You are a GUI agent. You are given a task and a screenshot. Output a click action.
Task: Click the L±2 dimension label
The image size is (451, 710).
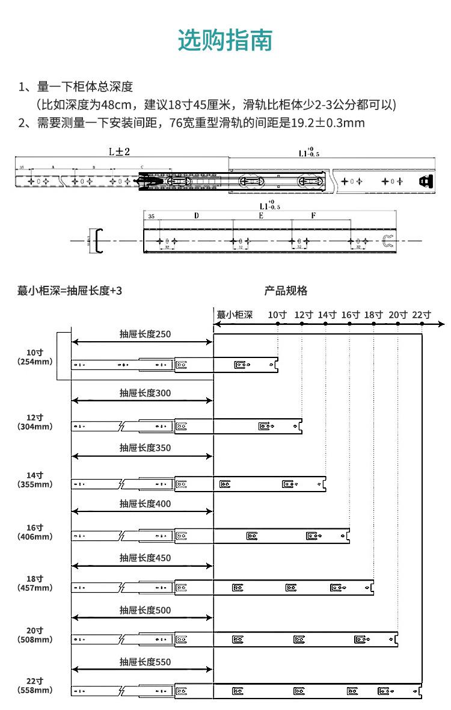[x=120, y=152]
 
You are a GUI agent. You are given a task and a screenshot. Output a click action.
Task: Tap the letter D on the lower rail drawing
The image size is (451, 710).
[x=196, y=215]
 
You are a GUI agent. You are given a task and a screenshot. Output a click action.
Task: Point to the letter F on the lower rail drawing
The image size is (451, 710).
[x=313, y=215]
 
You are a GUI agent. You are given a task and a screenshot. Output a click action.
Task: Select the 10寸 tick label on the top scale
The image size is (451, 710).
[x=277, y=314]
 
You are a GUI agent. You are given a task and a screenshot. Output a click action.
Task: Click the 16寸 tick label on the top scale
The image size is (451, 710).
[x=350, y=314]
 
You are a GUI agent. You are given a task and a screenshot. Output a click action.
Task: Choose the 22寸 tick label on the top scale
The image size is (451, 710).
[x=422, y=314]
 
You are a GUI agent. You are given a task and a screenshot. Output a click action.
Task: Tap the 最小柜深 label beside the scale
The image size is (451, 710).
[x=235, y=314]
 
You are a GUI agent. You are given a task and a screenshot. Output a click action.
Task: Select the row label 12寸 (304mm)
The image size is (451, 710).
[x=35, y=422]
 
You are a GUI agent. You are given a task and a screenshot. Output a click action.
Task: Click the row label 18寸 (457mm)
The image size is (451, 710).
[x=35, y=583]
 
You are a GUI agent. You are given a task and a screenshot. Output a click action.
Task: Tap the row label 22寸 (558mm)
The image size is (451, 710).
[x=35, y=685]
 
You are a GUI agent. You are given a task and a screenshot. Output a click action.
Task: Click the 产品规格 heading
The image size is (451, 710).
[x=286, y=291]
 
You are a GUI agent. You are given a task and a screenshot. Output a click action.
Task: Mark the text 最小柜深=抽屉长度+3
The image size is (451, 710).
[x=70, y=291]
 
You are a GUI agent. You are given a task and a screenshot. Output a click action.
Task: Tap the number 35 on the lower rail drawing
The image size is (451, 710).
[x=150, y=216]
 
